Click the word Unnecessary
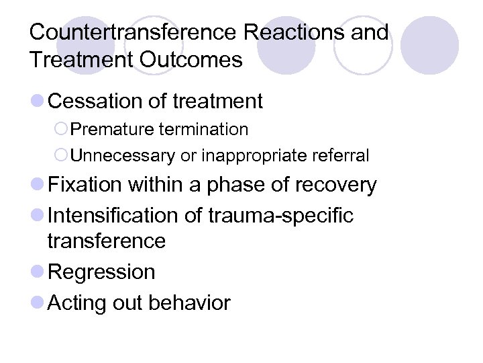pyautogui.click(x=123, y=156)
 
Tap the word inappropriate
pyautogui.click(x=255, y=156)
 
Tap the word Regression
pyautogui.click(x=102, y=272)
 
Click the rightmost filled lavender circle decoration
pyautogui.click(x=429, y=45)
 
